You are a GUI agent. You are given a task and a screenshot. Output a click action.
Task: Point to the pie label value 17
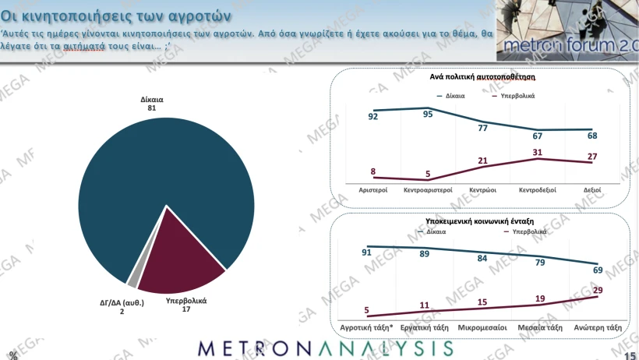pyautogui.click(x=185, y=309)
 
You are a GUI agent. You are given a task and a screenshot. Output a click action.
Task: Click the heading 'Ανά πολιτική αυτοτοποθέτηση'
pyautogui.click(x=482, y=78)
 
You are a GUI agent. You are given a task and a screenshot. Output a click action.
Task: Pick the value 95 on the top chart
pyautogui.click(x=427, y=115)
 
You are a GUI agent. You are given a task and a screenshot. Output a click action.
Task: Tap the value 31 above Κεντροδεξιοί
pyautogui.click(x=536, y=151)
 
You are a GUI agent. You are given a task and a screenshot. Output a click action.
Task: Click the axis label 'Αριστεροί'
pyautogui.click(x=373, y=189)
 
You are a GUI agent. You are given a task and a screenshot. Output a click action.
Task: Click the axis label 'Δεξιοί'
pyautogui.click(x=592, y=189)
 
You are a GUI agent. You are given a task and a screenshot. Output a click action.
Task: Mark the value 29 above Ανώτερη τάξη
pyautogui.click(x=597, y=290)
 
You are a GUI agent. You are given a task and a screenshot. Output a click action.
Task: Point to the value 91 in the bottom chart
pyautogui.click(x=366, y=252)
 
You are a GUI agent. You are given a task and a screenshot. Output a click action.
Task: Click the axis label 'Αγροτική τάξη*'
pyautogui.click(x=365, y=328)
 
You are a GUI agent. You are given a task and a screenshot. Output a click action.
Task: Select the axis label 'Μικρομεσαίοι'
pyautogui.click(x=481, y=328)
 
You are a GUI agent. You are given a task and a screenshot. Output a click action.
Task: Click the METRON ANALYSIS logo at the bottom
pyautogui.click(x=325, y=348)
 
